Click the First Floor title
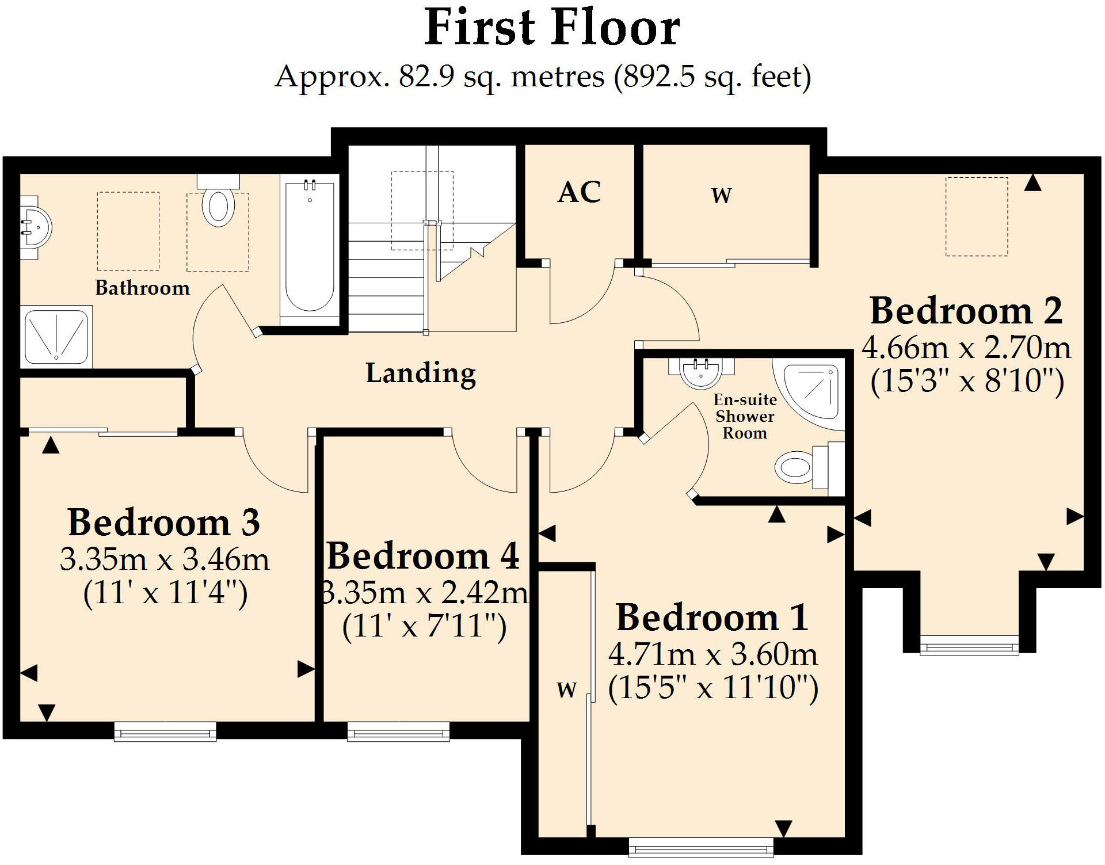(552, 29)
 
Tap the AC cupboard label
(579, 193)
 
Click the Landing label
(421, 373)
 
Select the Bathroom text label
(142, 288)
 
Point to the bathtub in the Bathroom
(310, 247)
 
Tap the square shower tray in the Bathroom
(56, 338)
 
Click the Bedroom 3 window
(165, 732)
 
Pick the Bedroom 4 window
(398, 732)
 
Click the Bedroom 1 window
(700, 847)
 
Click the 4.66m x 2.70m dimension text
(966, 348)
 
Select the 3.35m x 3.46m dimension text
(165, 559)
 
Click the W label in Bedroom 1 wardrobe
(566, 689)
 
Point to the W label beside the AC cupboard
(721, 196)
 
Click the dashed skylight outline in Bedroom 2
(977, 216)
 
